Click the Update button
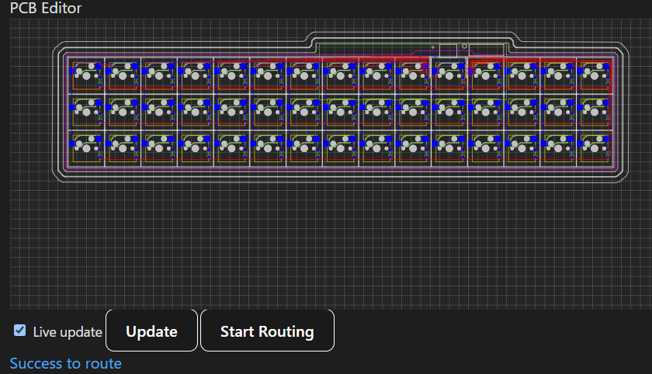click(x=151, y=331)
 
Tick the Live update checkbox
click(x=19, y=331)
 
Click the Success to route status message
click(x=66, y=364)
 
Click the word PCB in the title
click(x=23, y=8)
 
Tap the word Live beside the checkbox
click(x=43, y=332)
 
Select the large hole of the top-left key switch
click(x=86, y=75)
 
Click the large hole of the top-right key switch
click(x=595, y=75)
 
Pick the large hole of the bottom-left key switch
click(x=86, y=147)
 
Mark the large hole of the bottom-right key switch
click(x=595, y=147)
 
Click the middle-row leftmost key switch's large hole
click(x=86, y=112)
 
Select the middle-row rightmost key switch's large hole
click(x=595, y=112)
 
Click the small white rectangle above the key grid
click(x=449, y=50)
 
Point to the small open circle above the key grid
click(x=464, y=46)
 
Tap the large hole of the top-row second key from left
click(x=123, y=75)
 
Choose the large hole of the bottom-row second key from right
click(x=558, y=147)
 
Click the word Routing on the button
click(x=286, y=332)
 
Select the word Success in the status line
click(x=36, y=364)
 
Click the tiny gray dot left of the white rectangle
click(x=433, y=47)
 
